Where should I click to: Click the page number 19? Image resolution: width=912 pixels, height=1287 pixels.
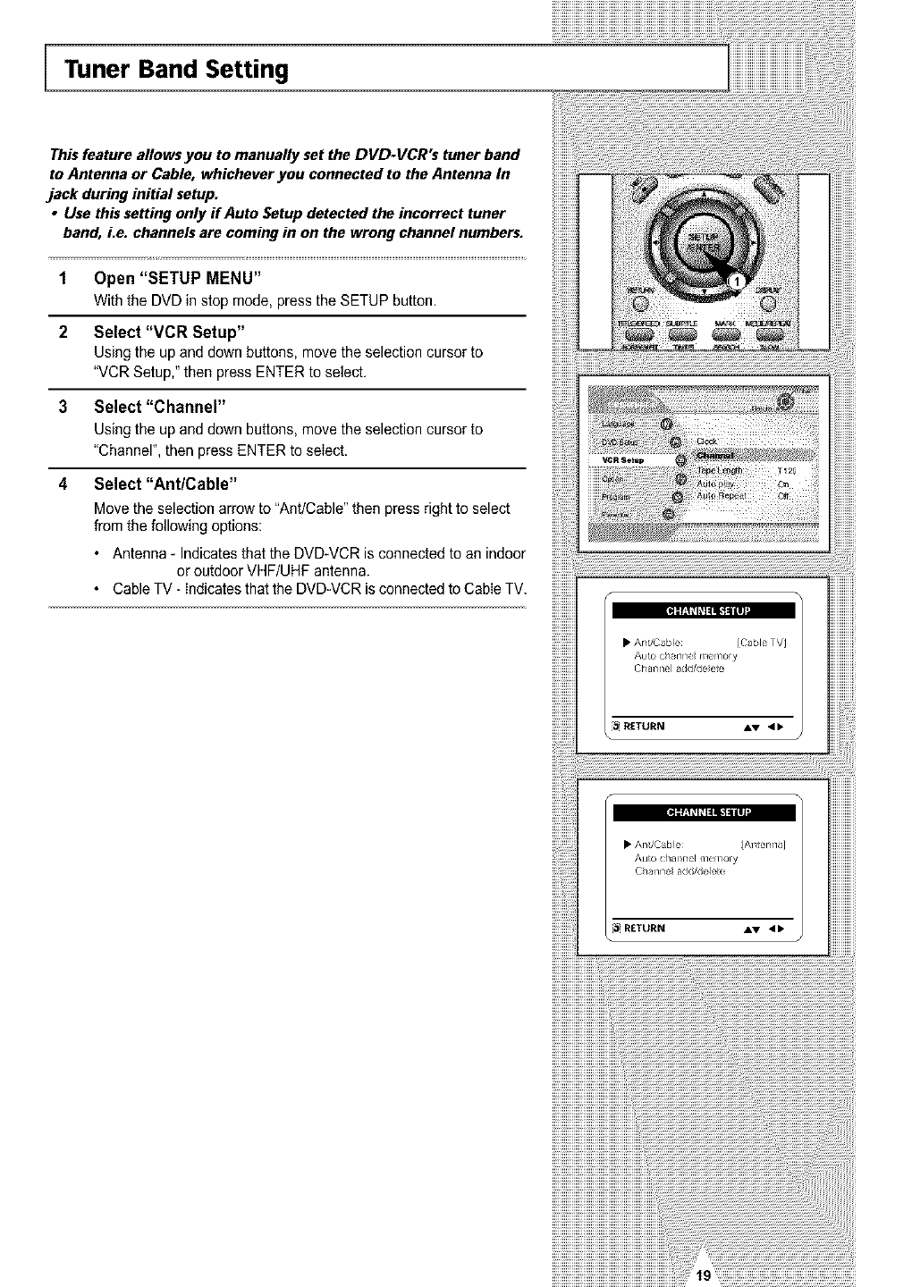(x=703, y=1275)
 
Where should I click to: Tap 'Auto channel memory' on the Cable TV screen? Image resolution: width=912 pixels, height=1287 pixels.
(x=685, y=655)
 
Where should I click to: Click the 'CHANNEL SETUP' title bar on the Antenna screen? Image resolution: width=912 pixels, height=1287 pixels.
(x=704, y=812)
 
